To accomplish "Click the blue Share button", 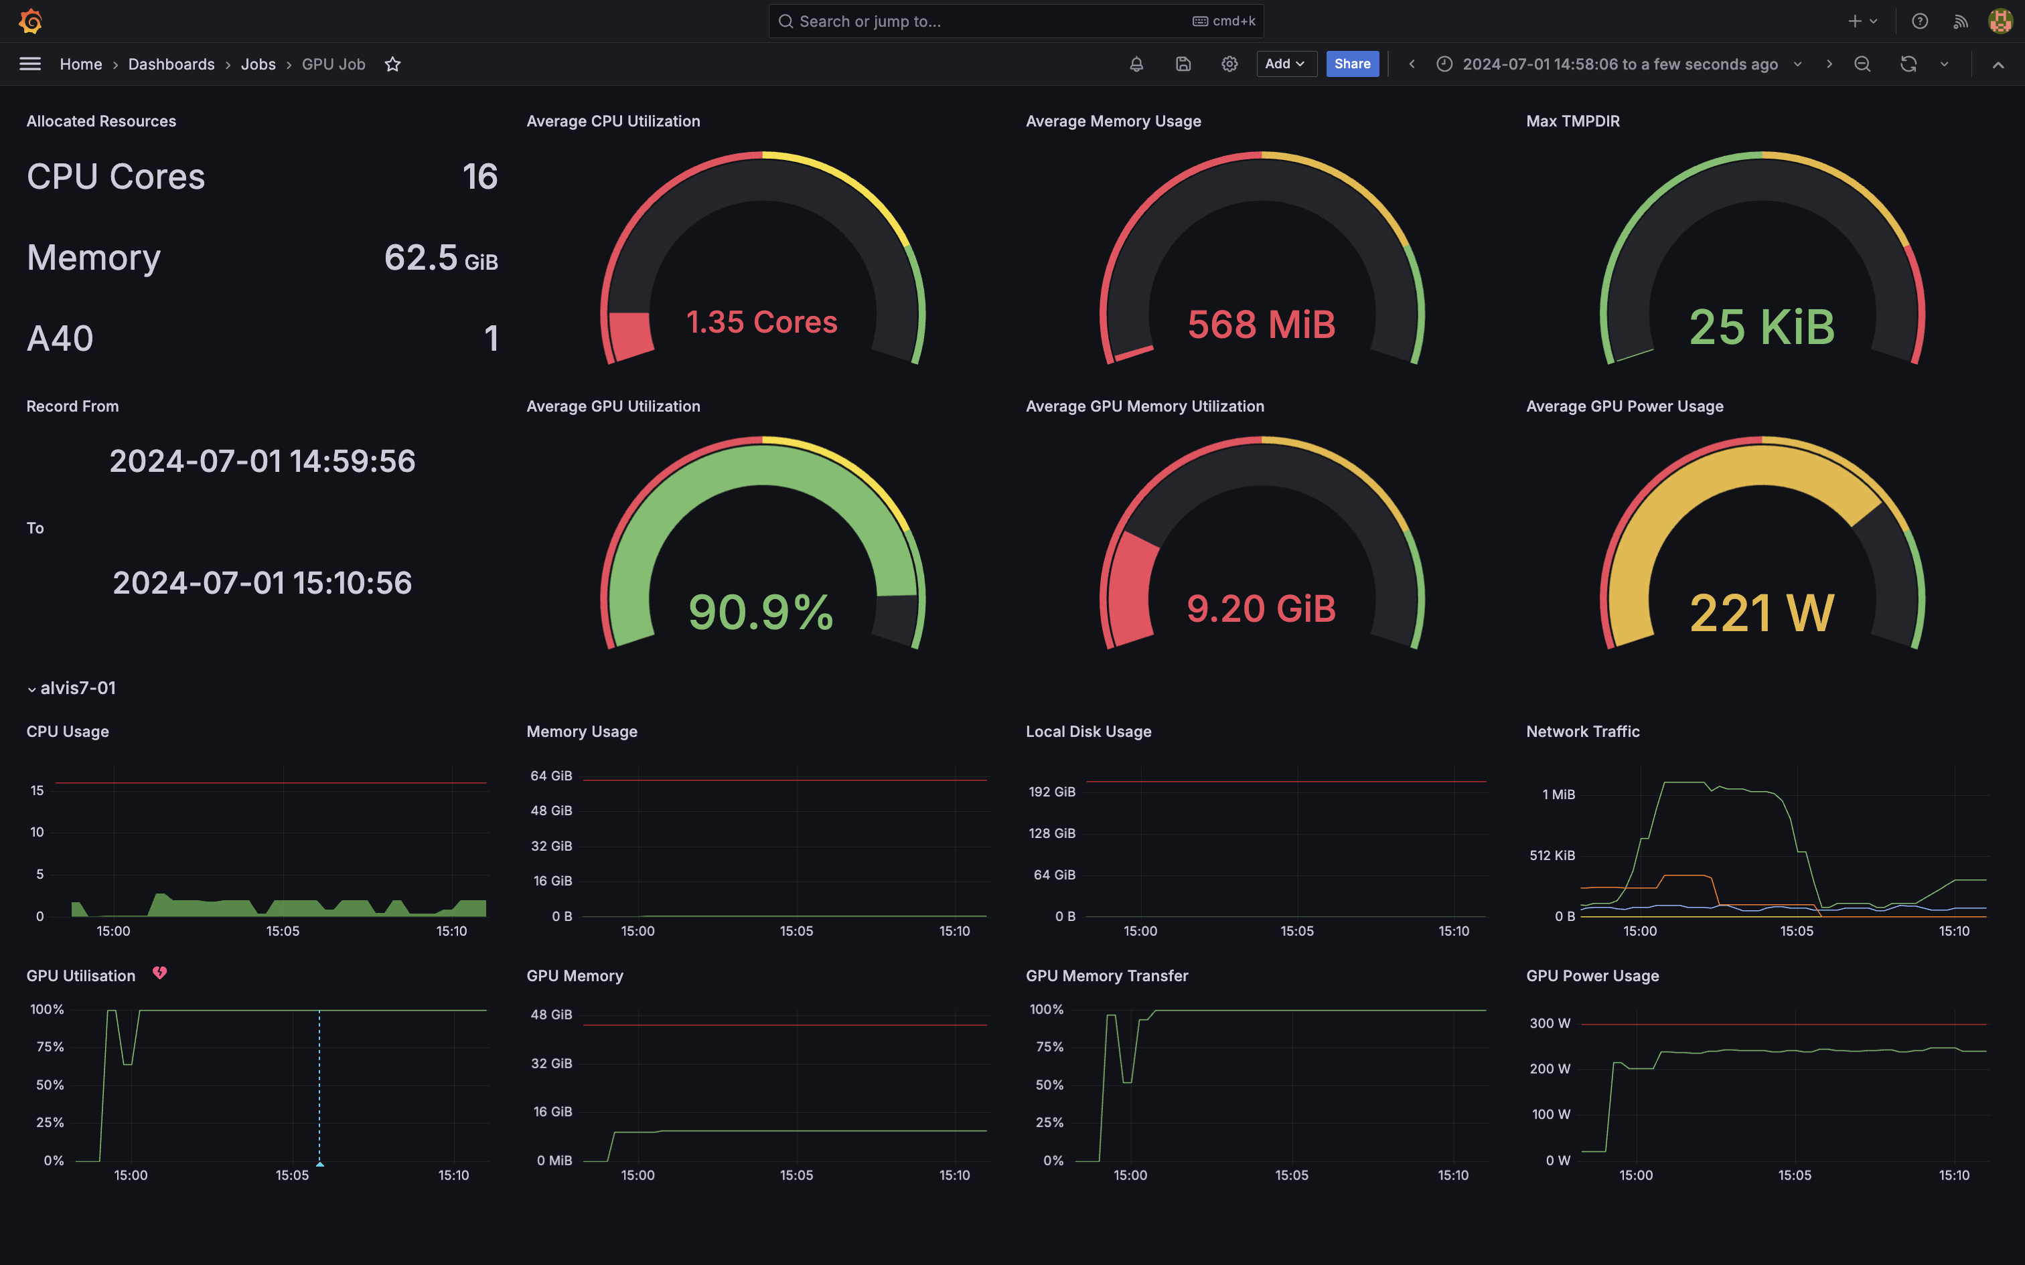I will [1351, 64].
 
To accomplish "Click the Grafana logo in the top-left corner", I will [31, 21].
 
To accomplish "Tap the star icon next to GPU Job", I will [392, 64].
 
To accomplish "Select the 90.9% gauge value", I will [761, 612].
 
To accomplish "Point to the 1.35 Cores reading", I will [761, 322].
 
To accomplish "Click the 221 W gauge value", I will [1761, 612].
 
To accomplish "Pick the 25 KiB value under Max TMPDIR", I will [1761, 327].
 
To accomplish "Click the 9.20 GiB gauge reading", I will [1261, 608].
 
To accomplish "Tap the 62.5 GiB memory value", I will [440, 258].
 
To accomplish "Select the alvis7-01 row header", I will [77, 688].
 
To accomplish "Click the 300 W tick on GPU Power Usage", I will [1550, 1023].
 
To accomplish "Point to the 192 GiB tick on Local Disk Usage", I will [1052, 791].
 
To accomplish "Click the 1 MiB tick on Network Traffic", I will [1558, 794].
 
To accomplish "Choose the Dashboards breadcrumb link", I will [171, 64].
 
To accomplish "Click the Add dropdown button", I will [1285, 64].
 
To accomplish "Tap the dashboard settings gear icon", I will [1228, 64].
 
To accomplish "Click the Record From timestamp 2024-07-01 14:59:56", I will [262, 461].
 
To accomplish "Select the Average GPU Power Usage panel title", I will [1623, 406].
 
